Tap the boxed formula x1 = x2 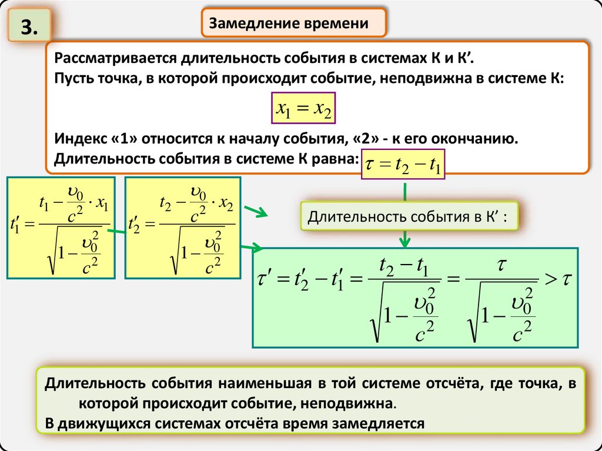click(303, 108)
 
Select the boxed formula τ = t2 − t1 click(404, 164)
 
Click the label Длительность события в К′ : click(410, 218)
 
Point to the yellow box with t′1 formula click(63, 228)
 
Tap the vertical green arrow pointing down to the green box click(404, 238)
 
